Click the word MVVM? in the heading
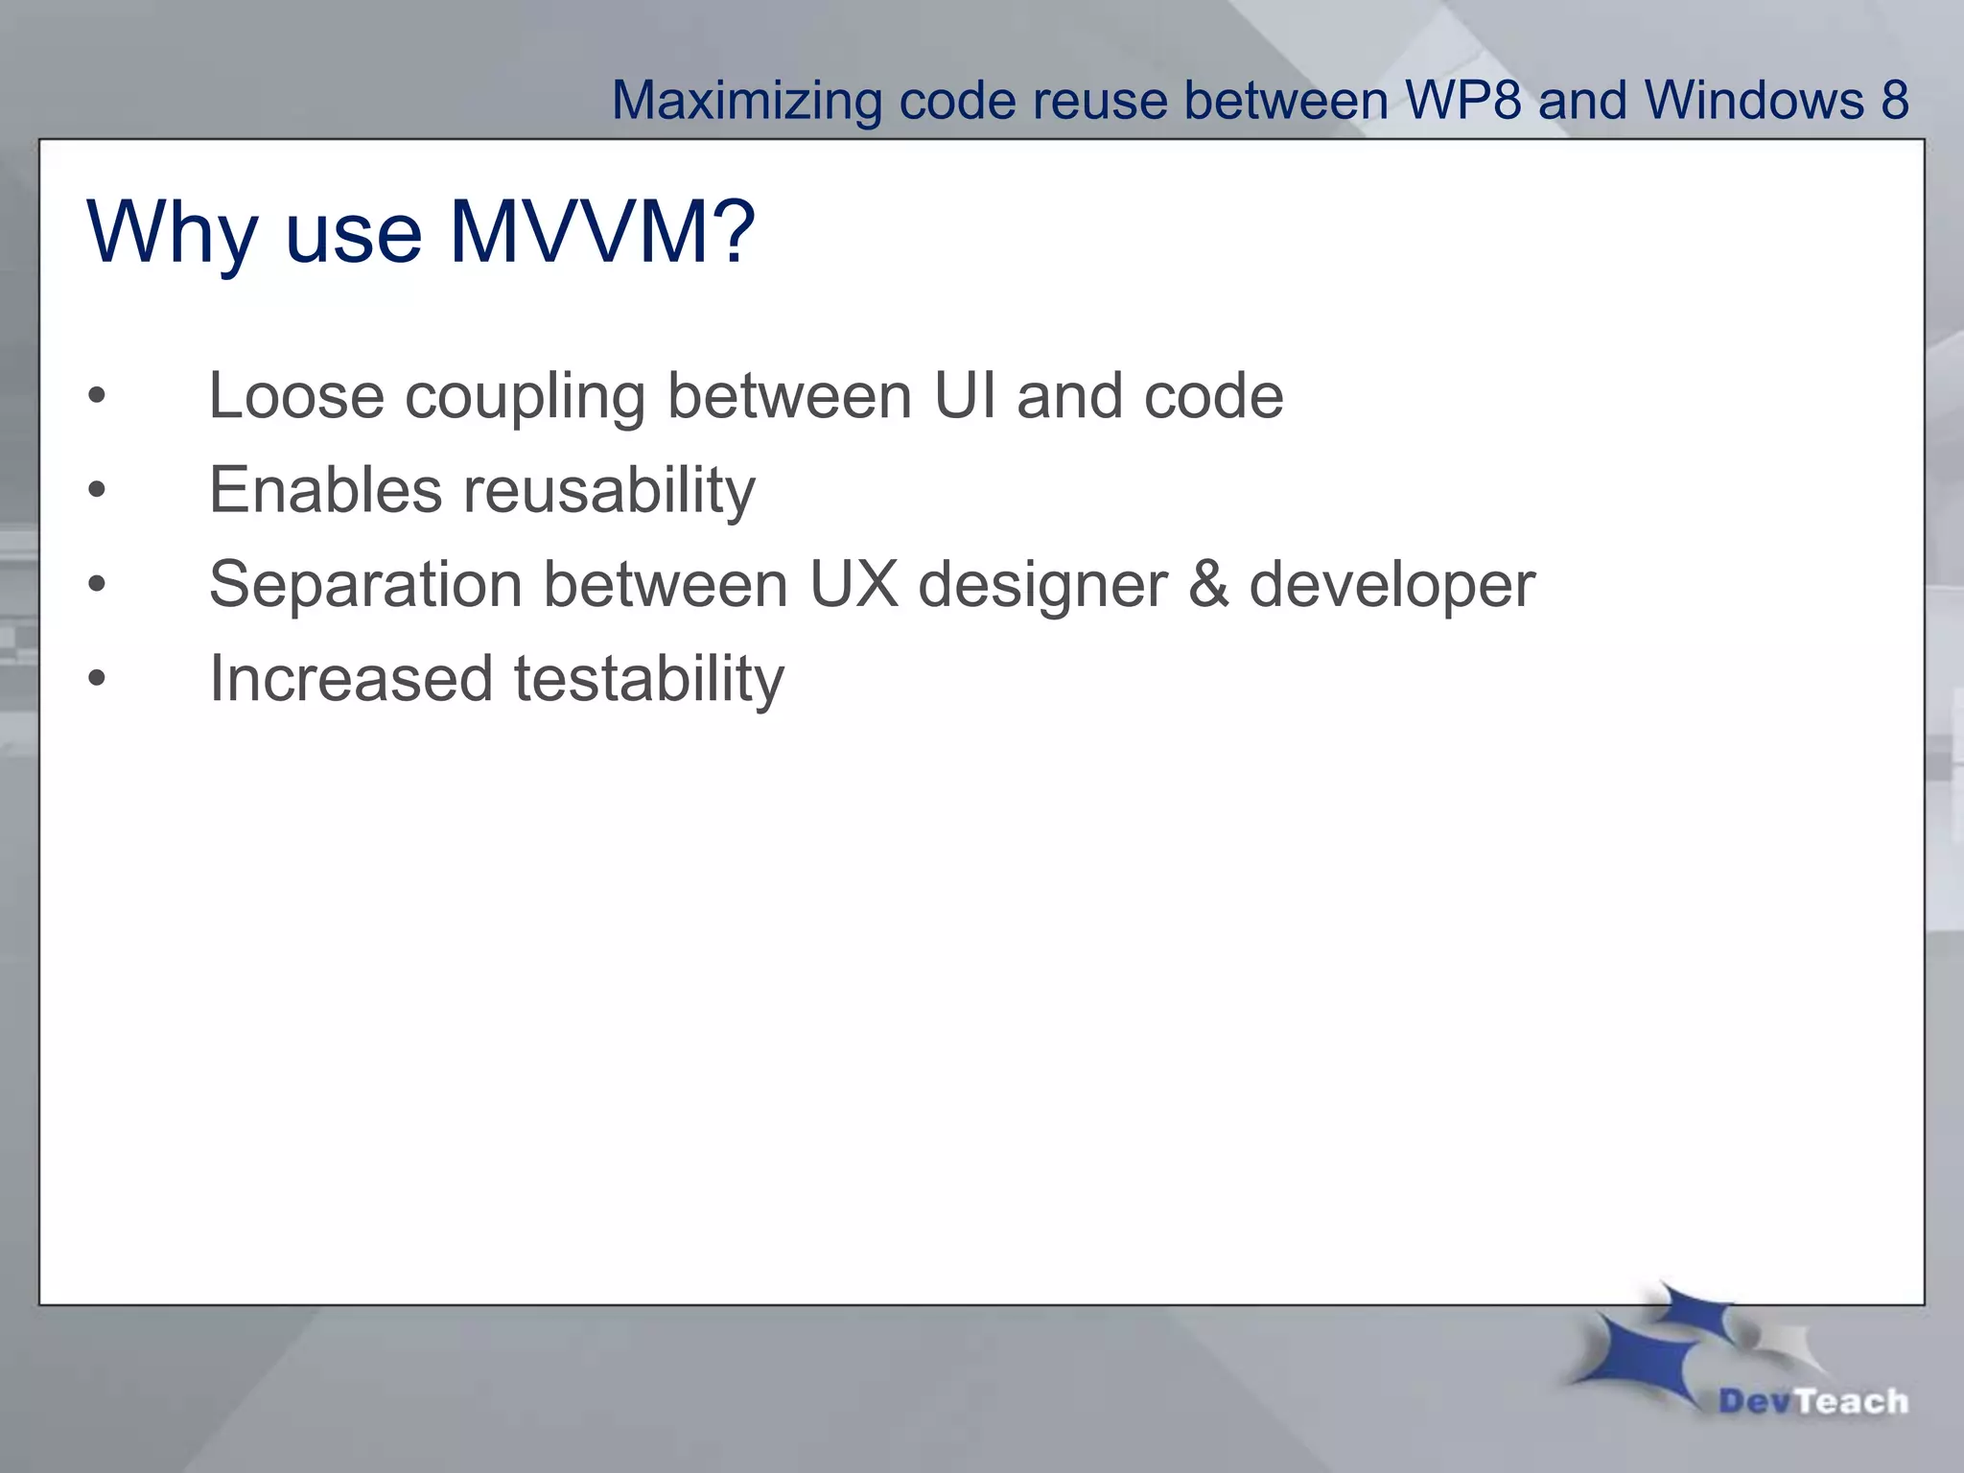pos(602,232)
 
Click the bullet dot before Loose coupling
pos(97,396)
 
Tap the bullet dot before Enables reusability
pos(97,490)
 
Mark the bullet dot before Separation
pos(97,584)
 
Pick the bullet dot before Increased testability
pos(97,678)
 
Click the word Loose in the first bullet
pos(296,396)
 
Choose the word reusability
pos(610,491)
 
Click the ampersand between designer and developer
pos(1208,584)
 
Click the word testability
pos(649,679)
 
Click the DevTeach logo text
pos(1812,1401)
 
